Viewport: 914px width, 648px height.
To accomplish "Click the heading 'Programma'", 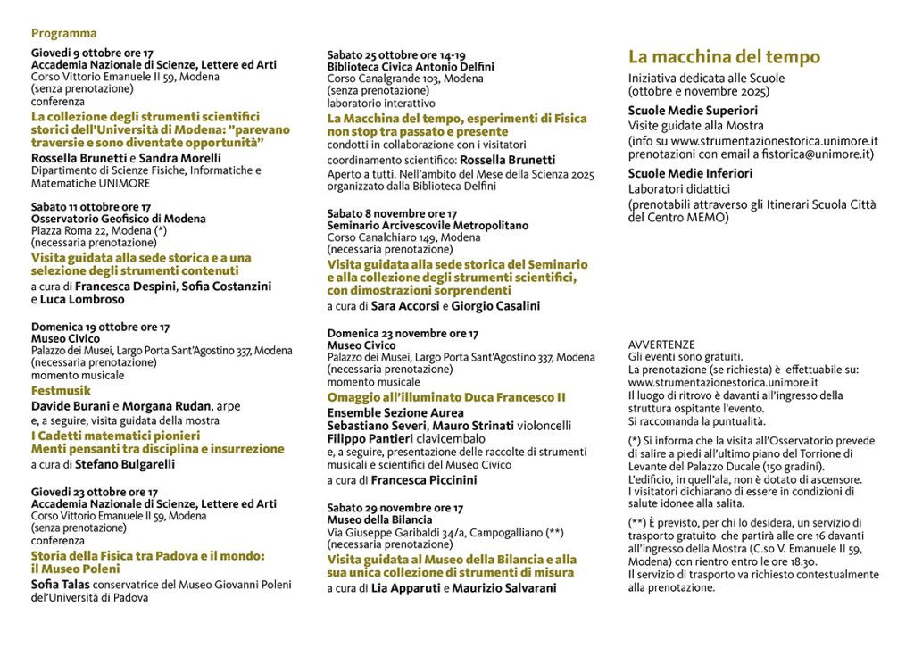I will click(x=63, y=34).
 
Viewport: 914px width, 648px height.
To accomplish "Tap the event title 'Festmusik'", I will click(x=61, y=390).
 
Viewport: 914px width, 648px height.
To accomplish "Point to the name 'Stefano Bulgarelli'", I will click(x=124, y=464).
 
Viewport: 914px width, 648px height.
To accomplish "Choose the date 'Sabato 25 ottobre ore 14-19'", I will click(x=395, y=54).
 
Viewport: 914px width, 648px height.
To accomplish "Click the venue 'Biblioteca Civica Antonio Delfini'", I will click(x=411, y=67).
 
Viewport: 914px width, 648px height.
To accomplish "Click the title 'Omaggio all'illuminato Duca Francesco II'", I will click(x=446, y=397).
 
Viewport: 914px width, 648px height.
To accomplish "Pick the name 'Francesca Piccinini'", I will click(x=424, y=480).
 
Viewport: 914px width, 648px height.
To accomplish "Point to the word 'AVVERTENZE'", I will click(x=661, y=345).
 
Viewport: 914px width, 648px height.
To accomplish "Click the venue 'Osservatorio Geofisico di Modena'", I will click(x=119, y=219).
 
